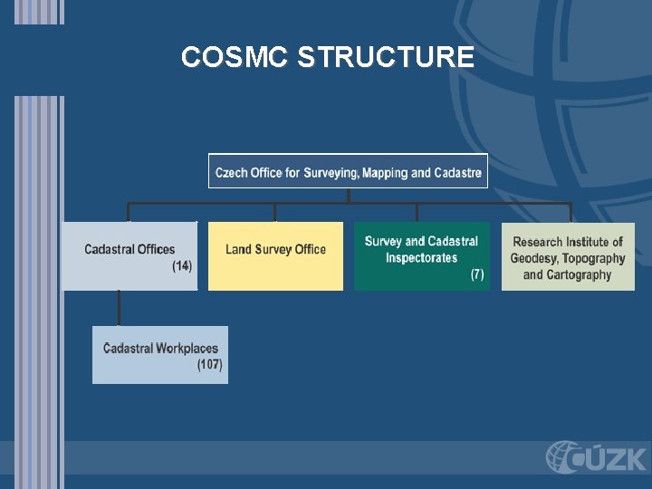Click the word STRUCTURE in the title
pos(385,57)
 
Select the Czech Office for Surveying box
pos(348,171)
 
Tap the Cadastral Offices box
pos(129,255)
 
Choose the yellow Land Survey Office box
pos(275,255)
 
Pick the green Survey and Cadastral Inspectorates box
pos(421,255)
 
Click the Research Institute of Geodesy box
pos(568,255)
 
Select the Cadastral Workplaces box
pos(160,355)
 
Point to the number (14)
pos(182,266)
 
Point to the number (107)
pos(209,365)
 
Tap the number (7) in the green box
pos(477,274)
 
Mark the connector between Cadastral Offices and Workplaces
pos(120,308)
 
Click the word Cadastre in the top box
pos(457,172)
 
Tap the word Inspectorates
pos(421,258)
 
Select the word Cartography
pos(580,274)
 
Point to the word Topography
pos(593,258)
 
